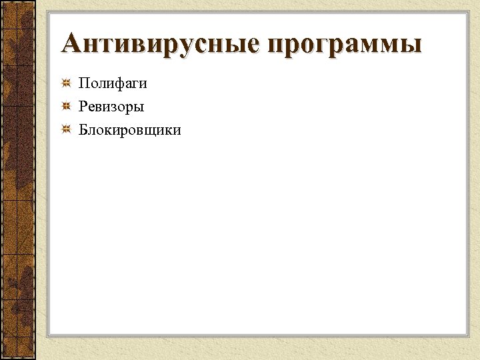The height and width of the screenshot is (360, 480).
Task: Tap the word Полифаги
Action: pyautogui.click(x=113, y=84)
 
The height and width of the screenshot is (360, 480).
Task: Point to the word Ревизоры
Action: pyautogui.click(x=111, y=107)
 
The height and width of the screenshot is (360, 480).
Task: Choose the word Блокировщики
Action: pyautogui.click(x=129, y=129)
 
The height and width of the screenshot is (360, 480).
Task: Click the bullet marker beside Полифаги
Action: pyautogui.click(x=67, y=84)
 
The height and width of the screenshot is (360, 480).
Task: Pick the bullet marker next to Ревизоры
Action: pyautogui.click(x=67, y=106)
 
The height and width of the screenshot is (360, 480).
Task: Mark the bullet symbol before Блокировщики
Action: pyautogui.click(x=67, y=129)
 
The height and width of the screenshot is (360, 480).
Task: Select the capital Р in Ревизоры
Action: pyautogui.click(x=83, y=106)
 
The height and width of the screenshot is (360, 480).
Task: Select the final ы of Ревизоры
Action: pyautogui.click(x=139, y=107)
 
